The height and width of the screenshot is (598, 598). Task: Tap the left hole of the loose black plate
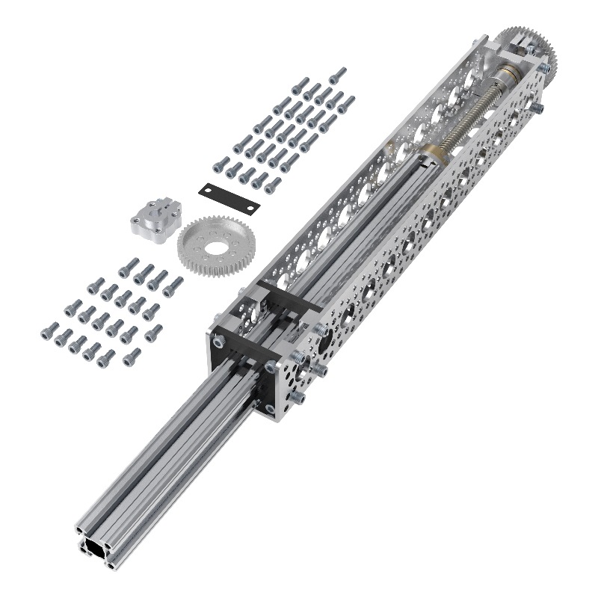click(209, 190)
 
